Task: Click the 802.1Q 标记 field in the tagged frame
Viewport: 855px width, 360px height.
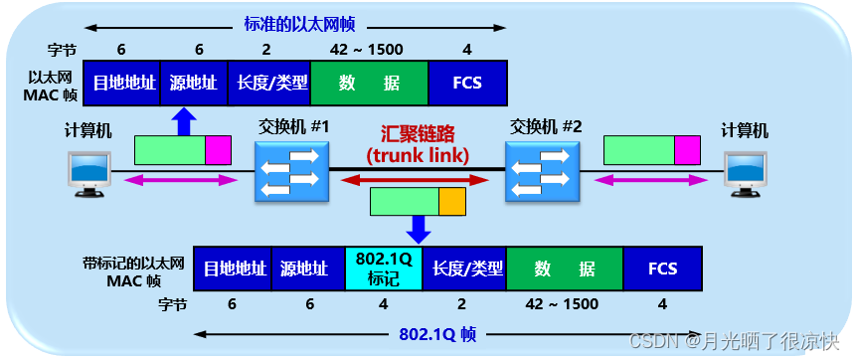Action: tap(384, 269)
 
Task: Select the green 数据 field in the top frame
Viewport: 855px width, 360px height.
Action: tap(369, 83)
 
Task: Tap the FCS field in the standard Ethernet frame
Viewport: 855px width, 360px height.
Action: tap(467, 83)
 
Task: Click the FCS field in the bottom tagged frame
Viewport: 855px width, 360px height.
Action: tap(662, 269)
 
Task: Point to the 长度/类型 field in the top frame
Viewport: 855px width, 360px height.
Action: tap(268, 83)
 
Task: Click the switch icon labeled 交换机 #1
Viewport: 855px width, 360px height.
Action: tap(289, 171)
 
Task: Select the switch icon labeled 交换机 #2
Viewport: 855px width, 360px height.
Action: tap(542, 171)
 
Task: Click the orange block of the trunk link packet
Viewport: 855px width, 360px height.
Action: tap(451, 201)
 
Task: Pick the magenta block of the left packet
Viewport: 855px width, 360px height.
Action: tap(218, 150)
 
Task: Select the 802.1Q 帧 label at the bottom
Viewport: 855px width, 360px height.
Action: tap(427, 335)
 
